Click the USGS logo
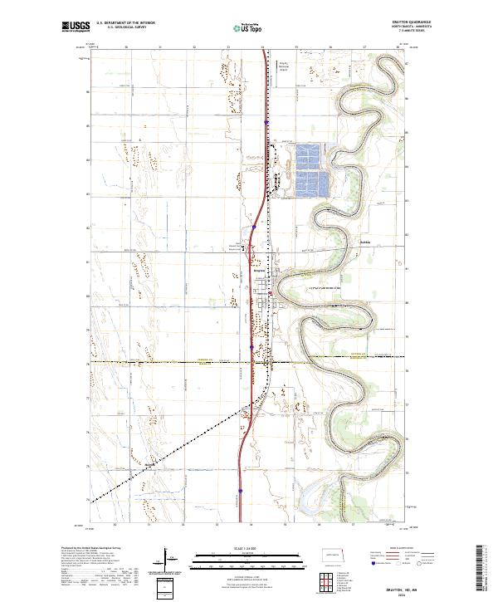click(75, 27)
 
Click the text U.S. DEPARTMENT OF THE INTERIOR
click(126, 23)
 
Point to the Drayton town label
click(258, 271)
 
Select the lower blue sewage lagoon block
click(310, 184)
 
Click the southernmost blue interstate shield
click(240, 491)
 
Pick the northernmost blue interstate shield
click(266, 123)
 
